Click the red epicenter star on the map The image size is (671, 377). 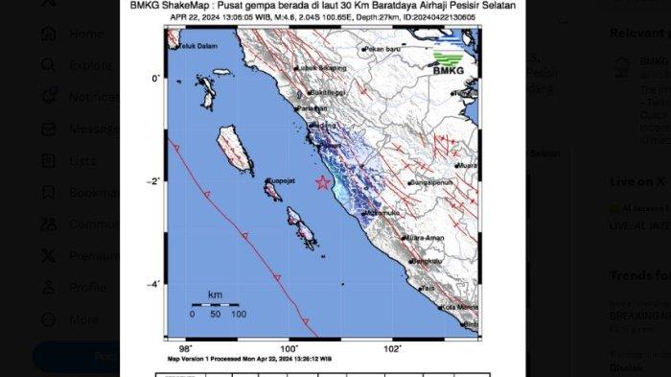(323, 182)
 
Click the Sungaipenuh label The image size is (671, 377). (429, 180)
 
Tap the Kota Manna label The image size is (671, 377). (459, 307)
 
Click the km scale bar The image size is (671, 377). (215, 304)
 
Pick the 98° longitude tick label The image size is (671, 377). (186, 348)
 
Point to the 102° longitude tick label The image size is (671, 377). (392, 348)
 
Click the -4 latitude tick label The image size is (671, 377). (156, 284)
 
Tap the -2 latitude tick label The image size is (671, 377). (156, 181)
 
